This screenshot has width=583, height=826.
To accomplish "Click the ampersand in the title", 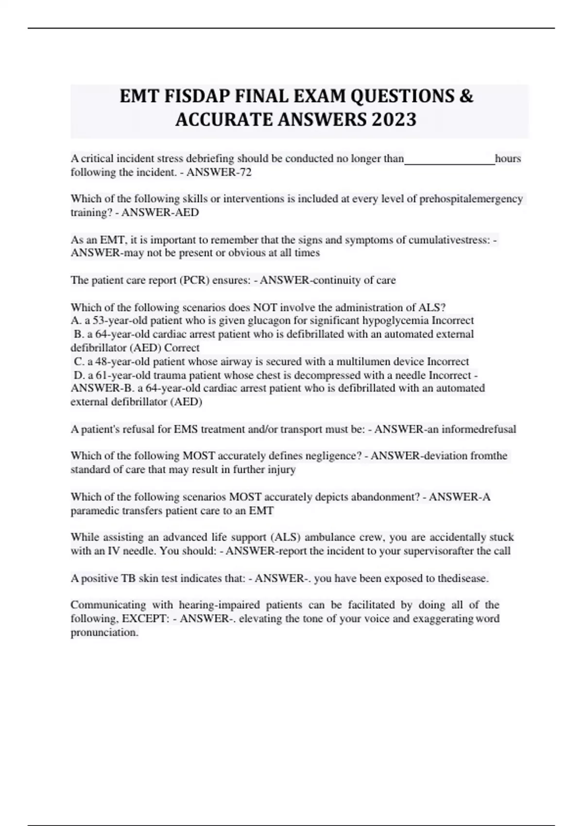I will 466,97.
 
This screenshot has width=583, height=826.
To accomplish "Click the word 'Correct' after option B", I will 182,348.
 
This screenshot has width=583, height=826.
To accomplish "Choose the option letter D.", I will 78,375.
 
